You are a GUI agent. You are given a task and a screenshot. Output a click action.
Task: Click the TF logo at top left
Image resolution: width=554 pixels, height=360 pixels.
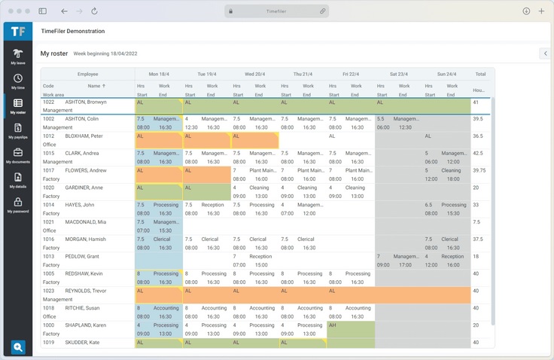17,31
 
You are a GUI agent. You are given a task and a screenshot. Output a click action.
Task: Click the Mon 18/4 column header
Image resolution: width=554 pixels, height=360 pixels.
158,75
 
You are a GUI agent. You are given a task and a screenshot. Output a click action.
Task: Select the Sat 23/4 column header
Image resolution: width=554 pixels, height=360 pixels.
398,75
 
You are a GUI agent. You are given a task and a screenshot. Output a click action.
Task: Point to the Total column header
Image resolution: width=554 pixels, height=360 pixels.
480,75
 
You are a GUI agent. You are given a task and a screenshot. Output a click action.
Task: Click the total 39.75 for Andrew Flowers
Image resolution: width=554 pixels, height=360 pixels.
479,170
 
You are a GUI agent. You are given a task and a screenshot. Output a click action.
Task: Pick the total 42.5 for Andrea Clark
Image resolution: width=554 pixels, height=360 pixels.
478,153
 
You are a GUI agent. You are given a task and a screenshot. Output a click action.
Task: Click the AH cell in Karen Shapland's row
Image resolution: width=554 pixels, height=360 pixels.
333,325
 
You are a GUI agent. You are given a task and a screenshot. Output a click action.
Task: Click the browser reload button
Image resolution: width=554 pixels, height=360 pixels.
94,11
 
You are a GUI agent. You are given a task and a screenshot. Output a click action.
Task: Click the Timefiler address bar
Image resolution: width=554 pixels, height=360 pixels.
277,11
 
